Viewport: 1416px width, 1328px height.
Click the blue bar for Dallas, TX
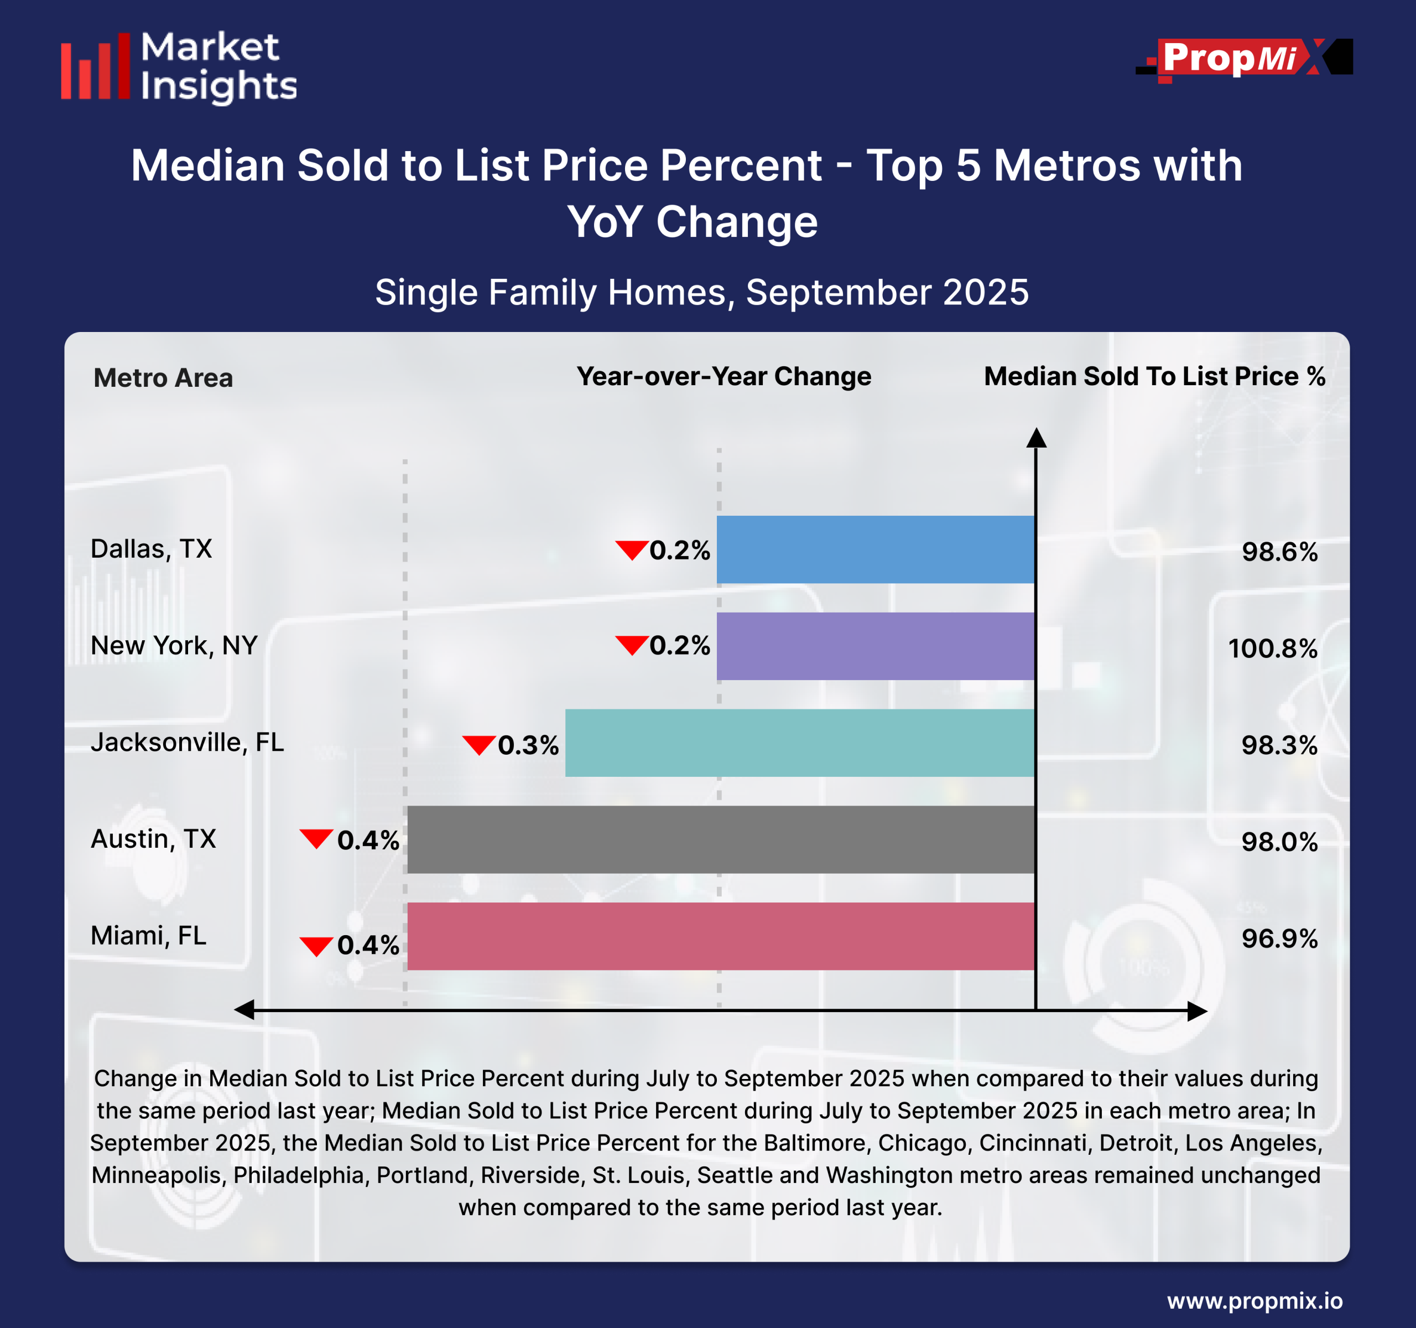[x=874, y=549]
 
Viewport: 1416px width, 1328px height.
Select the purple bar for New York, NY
[x=874, y=646]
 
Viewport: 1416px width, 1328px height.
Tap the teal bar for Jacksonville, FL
[x=799, y=743]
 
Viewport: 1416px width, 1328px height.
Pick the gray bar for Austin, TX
[x=720, y=839]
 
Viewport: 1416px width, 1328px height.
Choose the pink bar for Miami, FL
[x=720, y=936]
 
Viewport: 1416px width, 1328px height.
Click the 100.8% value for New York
[x=1272, y=649]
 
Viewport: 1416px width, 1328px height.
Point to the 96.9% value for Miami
[x=1279, y=939]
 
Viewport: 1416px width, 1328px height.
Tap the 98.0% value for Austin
[x=1279, y=842]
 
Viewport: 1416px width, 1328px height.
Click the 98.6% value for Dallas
[x=1279, y=552]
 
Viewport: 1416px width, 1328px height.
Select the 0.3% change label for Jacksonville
[x=528, y=745]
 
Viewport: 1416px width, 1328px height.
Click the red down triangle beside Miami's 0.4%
[x=316, y=946]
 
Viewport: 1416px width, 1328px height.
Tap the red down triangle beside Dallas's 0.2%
[x=631, y=550]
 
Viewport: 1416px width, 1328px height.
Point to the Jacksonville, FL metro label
[x=186, y=743]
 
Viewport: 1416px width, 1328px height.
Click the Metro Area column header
[x=163, y=377]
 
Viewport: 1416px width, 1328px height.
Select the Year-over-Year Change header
[x=723, y=376]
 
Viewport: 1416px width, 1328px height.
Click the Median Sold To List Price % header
[x=1154, y=376]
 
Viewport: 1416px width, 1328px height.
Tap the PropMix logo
[x=1243, y=59]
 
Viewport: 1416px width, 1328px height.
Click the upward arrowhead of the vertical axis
[x=1037, y=438]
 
